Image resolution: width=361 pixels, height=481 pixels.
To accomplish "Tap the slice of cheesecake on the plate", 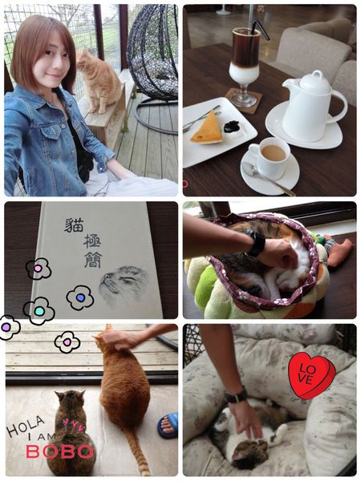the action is point(208,128).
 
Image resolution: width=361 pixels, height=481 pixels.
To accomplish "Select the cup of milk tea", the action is point(270,156).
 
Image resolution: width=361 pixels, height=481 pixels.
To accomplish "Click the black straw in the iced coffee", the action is point(260,30).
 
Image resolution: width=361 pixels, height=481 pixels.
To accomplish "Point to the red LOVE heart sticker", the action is point(311,375).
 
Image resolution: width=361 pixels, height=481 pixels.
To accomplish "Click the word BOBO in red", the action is point(59,451).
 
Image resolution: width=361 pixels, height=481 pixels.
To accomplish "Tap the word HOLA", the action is point(26,425).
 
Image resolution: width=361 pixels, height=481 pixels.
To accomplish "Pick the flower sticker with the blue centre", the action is point(79,297).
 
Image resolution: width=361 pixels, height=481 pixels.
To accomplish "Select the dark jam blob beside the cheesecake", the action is point(232,127).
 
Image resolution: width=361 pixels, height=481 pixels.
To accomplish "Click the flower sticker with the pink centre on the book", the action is point(38,269).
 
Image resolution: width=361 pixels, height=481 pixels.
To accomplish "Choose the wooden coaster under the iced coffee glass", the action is point(243,100).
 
